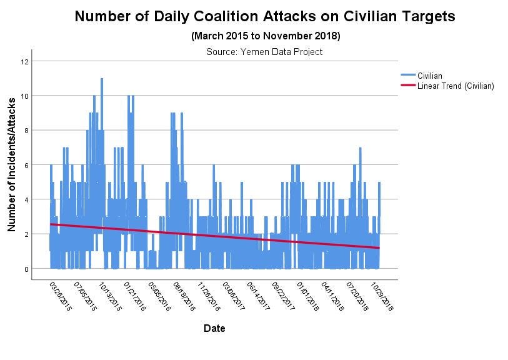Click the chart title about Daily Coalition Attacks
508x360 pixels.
tap(265, 17)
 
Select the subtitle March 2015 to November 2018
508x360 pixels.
tap(265, 36)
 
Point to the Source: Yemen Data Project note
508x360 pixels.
tap(264, 52)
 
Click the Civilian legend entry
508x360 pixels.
tap(430, 76)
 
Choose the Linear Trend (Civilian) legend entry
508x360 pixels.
tap(456, 86)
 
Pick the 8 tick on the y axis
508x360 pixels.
tap(25, 131)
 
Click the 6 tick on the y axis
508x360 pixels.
tap(25, 165)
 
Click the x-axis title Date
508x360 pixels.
tap(214, 328)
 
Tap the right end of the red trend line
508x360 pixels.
tap(379, 248)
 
